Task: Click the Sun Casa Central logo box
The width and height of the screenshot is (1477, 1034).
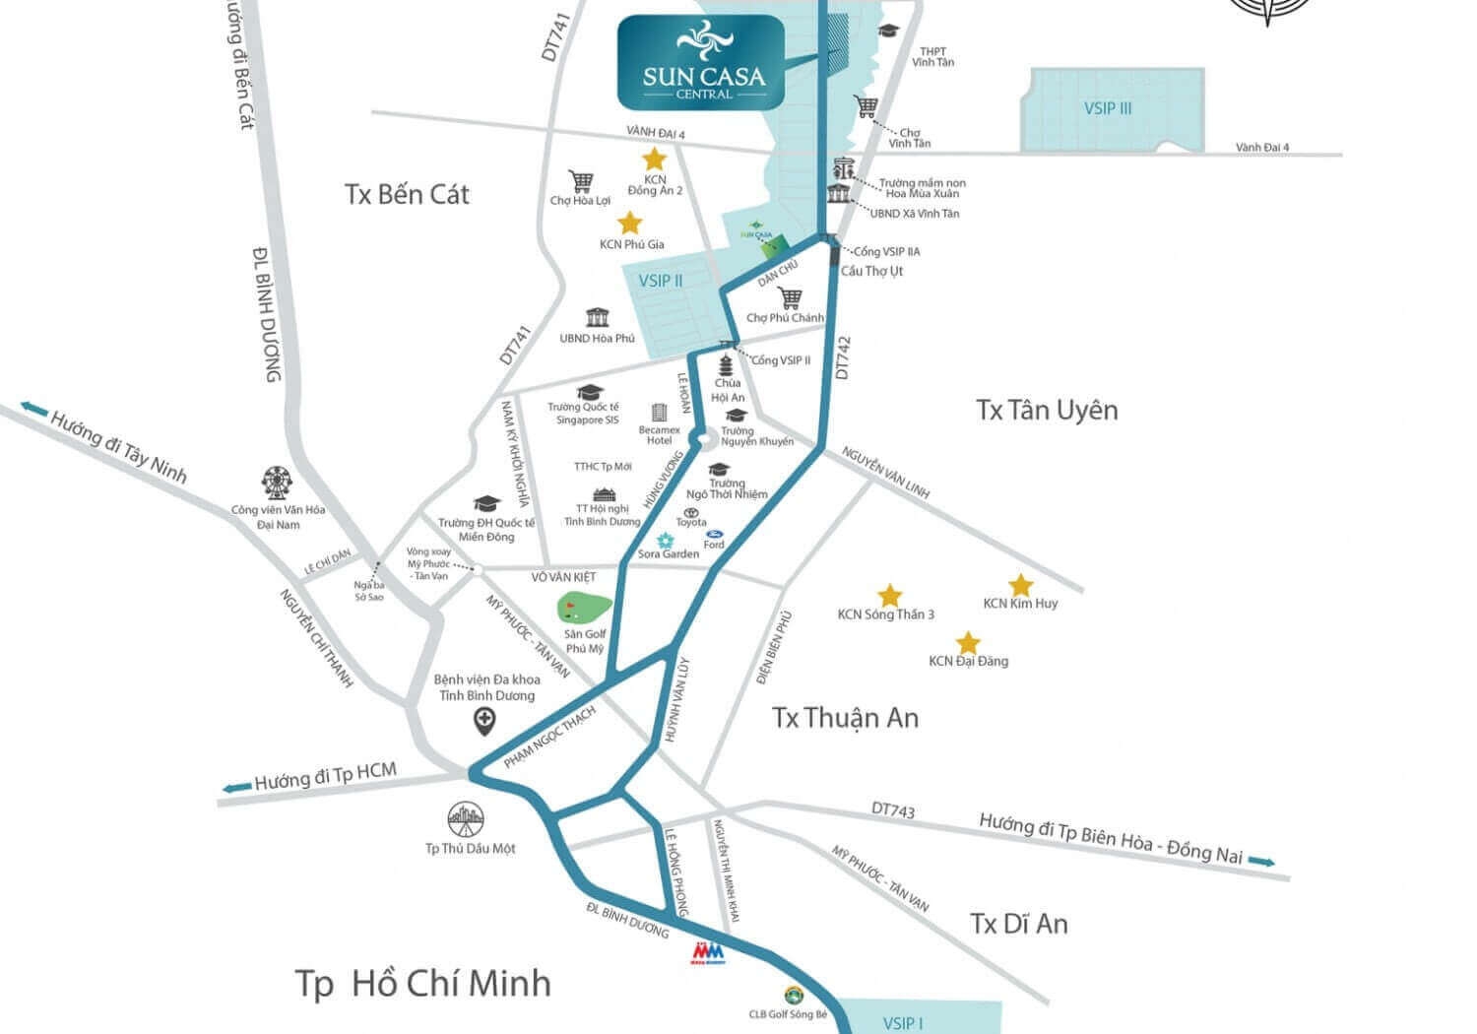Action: pyautogui.click(x=701, y=61)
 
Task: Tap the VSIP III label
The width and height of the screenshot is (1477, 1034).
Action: pyautogui.click(x=1108, y=108)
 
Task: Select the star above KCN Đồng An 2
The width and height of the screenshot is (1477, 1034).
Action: pyautogui.click(x=654, y=159)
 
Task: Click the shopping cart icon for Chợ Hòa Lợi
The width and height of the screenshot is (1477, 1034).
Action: pyautogui.click(x=581, y=181)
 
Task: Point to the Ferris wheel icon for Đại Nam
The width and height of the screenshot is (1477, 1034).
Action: pyautogui.click(x=278, y=483)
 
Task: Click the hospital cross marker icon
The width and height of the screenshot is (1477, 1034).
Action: pyautogui.click(x=484, y=722)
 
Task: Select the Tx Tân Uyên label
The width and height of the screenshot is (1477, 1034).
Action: pyautogui.click(x=1047, y=410)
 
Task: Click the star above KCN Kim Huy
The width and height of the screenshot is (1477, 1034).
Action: pyautogui.click(x=1020, y=585)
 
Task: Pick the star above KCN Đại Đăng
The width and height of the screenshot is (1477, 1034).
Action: pyautogui.click(x=968, y=643)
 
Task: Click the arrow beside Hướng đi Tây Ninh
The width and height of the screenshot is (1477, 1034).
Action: pyautogui.click(x=33, y=409)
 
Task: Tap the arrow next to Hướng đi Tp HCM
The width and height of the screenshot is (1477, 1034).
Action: pyautogui.click(x=236, y=787)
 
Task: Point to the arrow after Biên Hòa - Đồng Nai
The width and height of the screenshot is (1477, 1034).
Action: pyautogui.click(x=1261, y=862)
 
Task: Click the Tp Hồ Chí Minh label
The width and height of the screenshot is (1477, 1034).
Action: pyautogui.click(x=422, y=983)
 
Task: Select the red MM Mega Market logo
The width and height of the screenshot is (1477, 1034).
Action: pyautogui.click(x=708, y=953)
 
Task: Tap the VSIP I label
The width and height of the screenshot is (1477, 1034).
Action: pyautogui.click(x=903, y=1022)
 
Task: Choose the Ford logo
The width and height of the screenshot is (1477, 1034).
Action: pyautogui.click(x=714, y=533)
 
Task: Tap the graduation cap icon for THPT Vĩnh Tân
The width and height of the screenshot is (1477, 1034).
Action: pyautogui.click(x=890, y=31)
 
